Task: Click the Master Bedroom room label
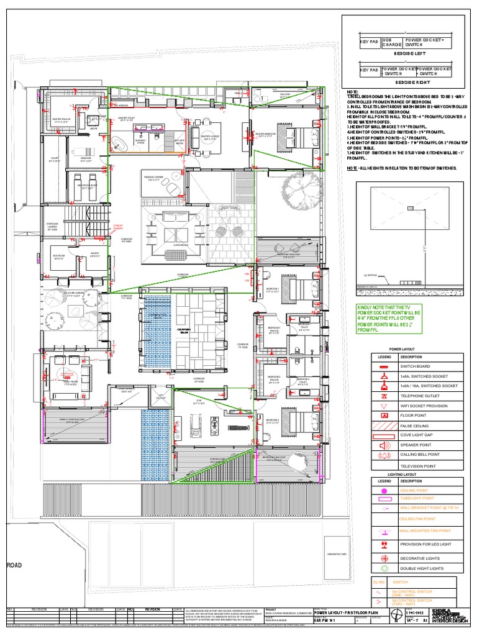(266, 134)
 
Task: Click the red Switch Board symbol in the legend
(384, 367)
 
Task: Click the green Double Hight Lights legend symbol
(384, 568)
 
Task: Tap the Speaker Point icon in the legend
(384, 445)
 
